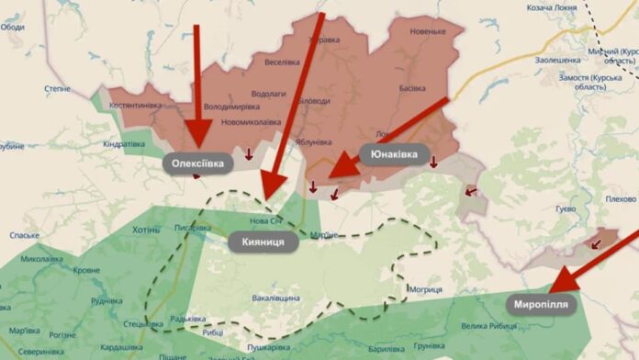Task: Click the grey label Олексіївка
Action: click(x=197, y=163)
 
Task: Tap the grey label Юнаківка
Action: click(x=394, y=154)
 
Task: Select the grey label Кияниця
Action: click(x=263, y=242)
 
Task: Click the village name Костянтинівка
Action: click(x=136, y=105)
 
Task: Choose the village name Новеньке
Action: click(x=428, y=31)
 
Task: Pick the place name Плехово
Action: click(x=622, y=198)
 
